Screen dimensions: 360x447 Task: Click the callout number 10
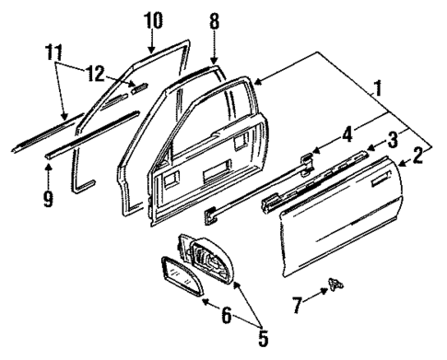[x=153, y=18]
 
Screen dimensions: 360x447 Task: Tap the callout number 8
[x=214, y=18]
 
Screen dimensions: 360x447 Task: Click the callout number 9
[x=50, y=196]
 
